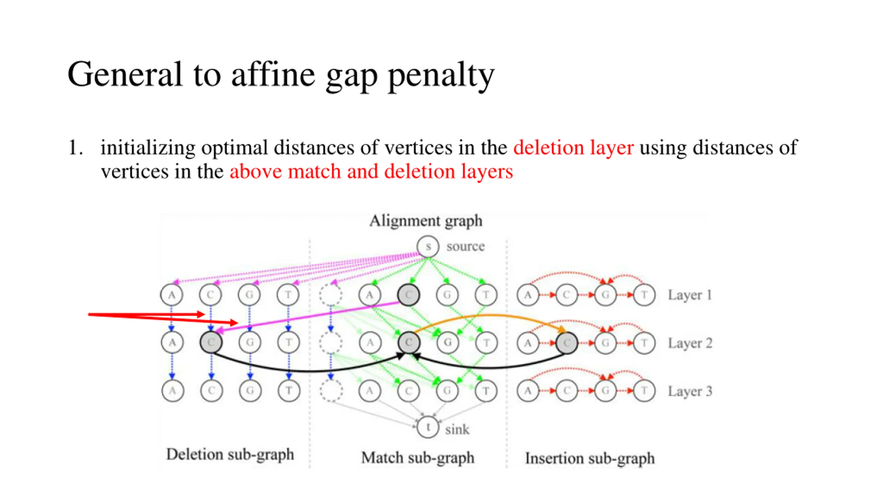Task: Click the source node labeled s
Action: coord(428,246)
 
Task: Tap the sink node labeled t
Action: coord(428,427)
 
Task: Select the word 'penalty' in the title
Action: coord(441,75)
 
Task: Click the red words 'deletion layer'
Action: coord(573,148)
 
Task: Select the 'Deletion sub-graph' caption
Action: coord(230,454)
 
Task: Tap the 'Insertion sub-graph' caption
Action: coord(589,458)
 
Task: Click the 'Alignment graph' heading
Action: coord(426,221)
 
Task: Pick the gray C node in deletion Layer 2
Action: coord(211,342)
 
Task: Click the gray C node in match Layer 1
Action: coord(408,295)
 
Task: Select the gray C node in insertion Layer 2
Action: coord(566,343)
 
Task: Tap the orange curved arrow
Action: coord(486,315)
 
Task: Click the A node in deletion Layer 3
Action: coord(172,391)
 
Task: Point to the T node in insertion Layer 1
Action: coord(644,295)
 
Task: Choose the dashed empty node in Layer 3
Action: coord(331,391)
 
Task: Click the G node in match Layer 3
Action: coord(447,391)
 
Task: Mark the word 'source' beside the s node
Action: coord(465,246)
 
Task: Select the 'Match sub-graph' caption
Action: coord(418,458)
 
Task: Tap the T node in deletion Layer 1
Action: coord(288,295)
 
